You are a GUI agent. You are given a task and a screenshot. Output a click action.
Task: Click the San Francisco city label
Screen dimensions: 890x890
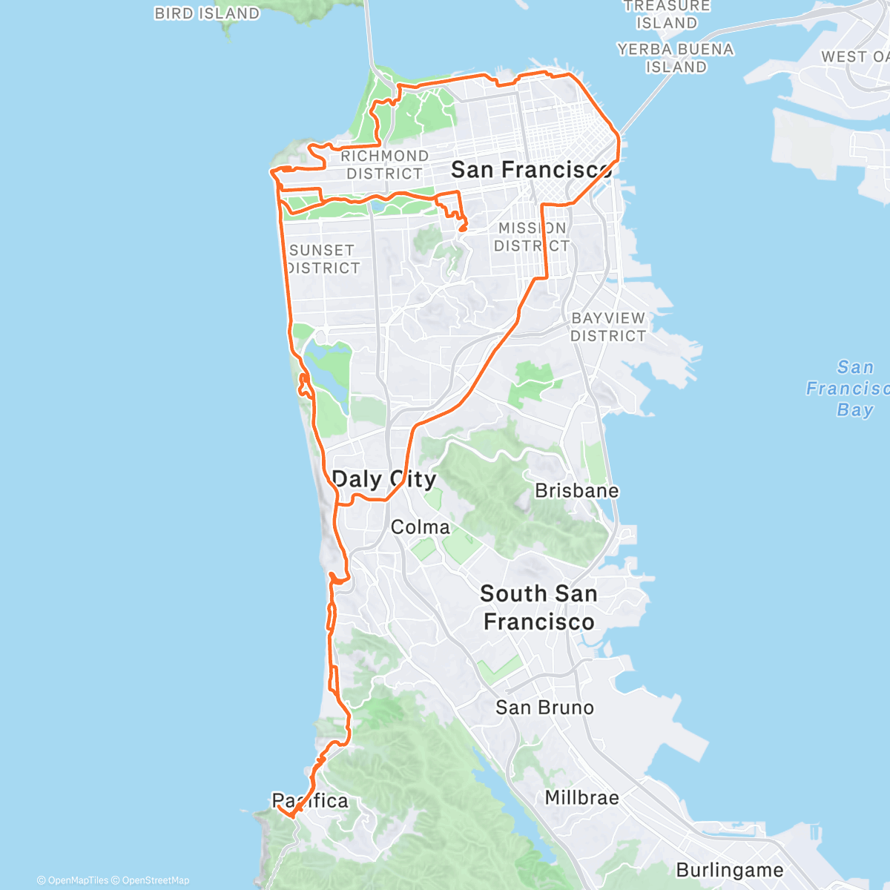click(531, 170)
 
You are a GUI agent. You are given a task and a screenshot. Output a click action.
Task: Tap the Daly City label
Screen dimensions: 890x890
click(383, 479)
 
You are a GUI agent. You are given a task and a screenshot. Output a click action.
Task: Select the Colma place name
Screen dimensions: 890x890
click(420, 527)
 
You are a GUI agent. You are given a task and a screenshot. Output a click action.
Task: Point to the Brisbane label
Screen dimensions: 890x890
click(576, 491)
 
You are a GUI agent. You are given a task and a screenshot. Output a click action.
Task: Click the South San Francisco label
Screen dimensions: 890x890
click(538, 607)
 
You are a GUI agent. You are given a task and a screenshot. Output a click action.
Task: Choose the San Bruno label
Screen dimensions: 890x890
click(544, 708)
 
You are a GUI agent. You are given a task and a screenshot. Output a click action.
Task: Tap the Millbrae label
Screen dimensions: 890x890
click(581, 798)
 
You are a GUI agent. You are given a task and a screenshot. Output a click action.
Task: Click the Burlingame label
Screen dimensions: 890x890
click(729, 870)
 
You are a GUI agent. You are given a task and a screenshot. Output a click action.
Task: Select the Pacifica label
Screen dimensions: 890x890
click(310, 801)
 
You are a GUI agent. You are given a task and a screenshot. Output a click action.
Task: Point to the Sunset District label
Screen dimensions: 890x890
click(323, 259)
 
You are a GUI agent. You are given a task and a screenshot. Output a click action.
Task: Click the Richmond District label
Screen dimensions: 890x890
click(384, 165)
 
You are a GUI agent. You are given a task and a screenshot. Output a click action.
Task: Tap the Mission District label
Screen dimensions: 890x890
click(532, 237)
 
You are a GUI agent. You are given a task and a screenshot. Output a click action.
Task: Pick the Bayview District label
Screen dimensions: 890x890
click(608, 326)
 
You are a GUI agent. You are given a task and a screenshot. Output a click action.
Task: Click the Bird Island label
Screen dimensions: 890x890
click(207, 13)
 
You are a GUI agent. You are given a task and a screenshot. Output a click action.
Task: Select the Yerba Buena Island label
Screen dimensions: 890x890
click(675, 58)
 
